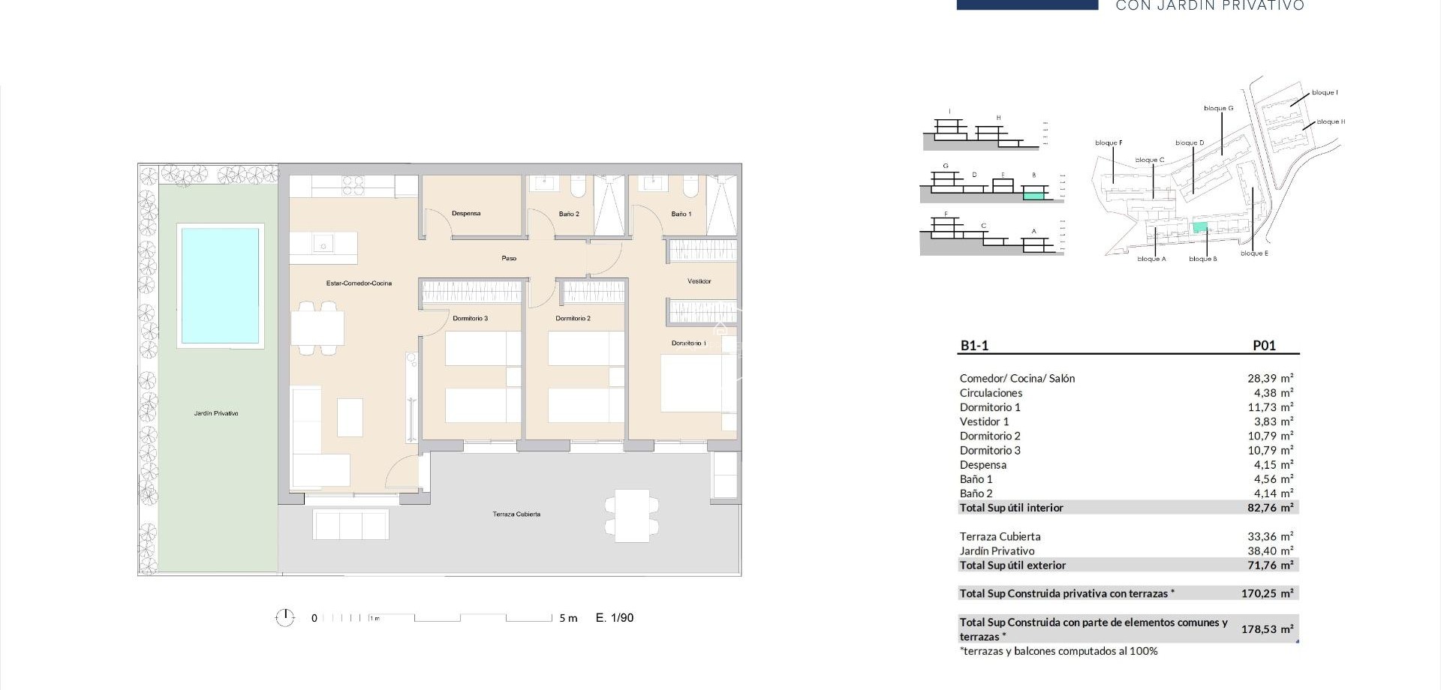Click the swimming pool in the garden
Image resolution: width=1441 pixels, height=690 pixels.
point(219,285)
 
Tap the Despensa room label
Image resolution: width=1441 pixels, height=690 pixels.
point(466,214)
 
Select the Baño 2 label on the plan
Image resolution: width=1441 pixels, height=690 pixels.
point(569,214)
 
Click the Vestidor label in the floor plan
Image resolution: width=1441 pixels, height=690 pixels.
point(699,281)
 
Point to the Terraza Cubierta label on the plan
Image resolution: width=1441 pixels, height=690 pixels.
point(516,514)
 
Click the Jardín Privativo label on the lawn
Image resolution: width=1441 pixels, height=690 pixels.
point(216,413)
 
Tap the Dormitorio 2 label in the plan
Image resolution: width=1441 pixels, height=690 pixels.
point(573,319)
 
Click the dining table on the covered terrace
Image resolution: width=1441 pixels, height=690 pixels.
point(632,516)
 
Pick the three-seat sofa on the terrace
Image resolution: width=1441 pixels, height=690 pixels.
point(350,524)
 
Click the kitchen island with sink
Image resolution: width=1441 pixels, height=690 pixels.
point(323,247)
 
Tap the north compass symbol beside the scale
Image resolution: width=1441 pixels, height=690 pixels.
point(285,618)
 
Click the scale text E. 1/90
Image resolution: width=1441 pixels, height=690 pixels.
point(615,618)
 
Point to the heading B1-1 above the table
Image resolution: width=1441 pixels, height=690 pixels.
point(974,346)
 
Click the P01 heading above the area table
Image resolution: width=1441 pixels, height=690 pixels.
point(1264,346)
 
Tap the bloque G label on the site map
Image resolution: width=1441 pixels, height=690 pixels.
point(1218,109)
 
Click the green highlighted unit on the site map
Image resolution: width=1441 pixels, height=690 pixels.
point(1200,227)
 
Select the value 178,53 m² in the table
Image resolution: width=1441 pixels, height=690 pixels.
point(1267,629)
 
